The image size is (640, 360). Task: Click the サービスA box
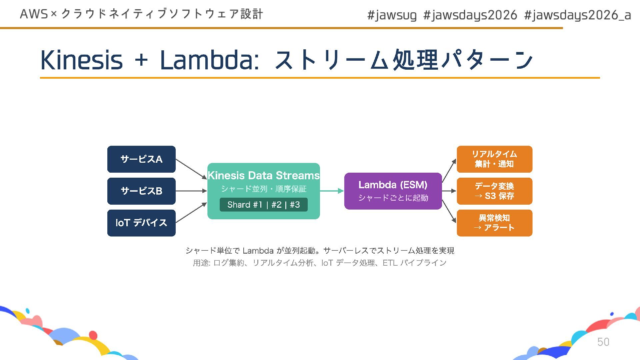pyautogui.click(x=141, y=159)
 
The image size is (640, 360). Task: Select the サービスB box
pyautogui.click(x=141, y=191)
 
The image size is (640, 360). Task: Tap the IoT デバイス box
pyautogui.click(x=141, y=223)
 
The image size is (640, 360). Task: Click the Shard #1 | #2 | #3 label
pyautogui.click(x=263, y=205)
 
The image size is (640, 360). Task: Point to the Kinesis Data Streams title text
pyautogui.click(x=263, y=175)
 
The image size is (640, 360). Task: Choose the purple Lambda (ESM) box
pyautogui.click(x=393, y=191)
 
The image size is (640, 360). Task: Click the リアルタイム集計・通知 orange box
pyautogui.click(x=494, y=159)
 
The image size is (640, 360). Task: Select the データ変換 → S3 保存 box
pyautogui.click(x=494, y=191)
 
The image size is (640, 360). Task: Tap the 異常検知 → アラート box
pyautogui.click(x=494, y=223)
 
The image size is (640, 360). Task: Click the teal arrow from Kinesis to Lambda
pyautogui.click(x=332, y=191)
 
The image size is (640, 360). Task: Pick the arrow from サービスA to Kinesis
pyautogui.click(x=191, y=169)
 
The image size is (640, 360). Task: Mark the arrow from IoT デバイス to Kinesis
pyautogui.click(x=191, y=213)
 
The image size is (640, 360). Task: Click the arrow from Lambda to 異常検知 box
pyautogui.click(x=449, y=211)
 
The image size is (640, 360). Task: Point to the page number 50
pyautogui.click(x=603, y=342)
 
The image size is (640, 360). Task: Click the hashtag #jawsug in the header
pyautogui.click(x=392, y=15)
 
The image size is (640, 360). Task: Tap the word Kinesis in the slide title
pyautogui.click(x=82, y=60)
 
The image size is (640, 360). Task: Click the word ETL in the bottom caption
pyautogui.click(x=390, y=263)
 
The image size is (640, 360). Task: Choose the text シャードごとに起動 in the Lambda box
pyautogui.click(x=393, y=198)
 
